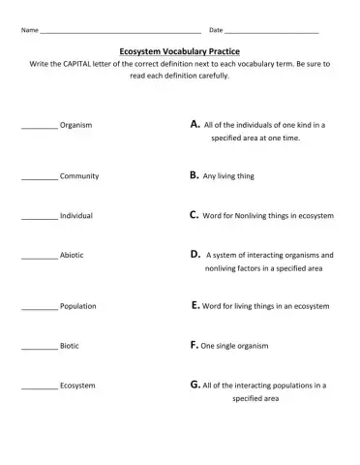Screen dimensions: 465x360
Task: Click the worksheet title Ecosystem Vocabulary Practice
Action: (x=179, y=48)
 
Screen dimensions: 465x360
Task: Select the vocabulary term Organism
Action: (x=76, y=125)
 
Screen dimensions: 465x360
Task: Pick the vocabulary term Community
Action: (x=79, y=176)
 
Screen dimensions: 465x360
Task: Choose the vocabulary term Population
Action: (x=78, y=306)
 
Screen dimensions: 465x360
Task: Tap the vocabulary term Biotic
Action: (x=70, y=345)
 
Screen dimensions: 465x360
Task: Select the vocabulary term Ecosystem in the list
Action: (x=77, y=386)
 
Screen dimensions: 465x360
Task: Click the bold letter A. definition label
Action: (x=195, y=124)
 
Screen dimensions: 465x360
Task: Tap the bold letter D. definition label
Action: (x=195, y=254)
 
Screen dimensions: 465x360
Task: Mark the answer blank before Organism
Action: (x=39, y=126)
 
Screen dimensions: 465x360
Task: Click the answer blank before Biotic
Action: (x=39, y=346)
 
